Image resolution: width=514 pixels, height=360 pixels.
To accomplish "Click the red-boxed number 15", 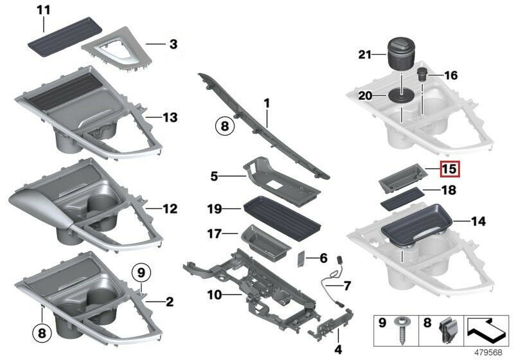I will (450, 170).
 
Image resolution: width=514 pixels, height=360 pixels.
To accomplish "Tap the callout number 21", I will (365, 57).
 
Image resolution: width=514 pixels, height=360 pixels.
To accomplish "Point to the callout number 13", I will (170, 118).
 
